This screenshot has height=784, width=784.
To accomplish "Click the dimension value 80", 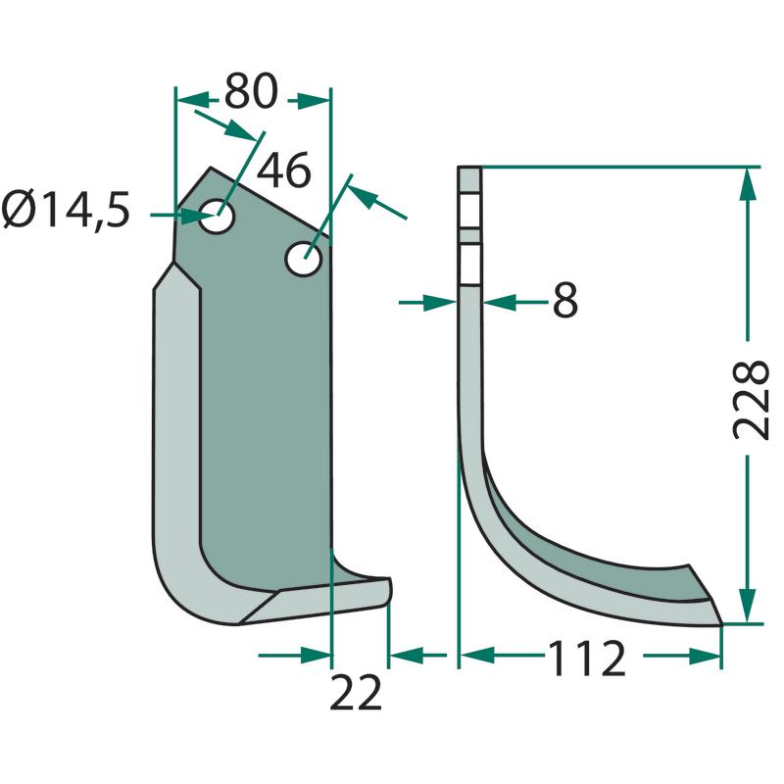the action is click(x=251, y=91).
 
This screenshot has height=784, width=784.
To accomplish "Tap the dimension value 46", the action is click(x=283, y=171).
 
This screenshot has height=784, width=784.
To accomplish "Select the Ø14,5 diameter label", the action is click(x=66, y=210).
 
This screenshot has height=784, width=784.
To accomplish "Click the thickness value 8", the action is click(x=565, y=301).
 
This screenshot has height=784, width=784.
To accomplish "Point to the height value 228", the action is click(x=750, y=400).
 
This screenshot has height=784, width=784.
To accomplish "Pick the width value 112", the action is click(x=587, y=658).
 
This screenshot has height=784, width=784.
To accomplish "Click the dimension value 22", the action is click(x=356, y=693).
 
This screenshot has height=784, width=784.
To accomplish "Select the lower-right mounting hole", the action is click(x=304, y=259).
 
